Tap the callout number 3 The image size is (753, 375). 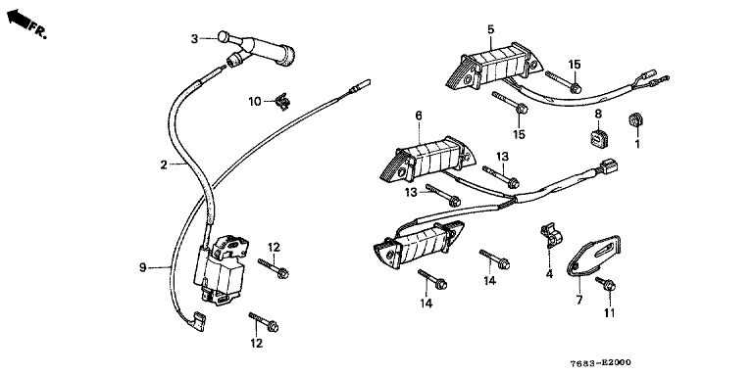[194, 39]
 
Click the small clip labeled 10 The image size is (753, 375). [282, 102]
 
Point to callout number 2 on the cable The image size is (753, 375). [164, 165]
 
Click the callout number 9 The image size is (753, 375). [142, 267]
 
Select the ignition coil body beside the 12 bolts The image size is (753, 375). [222, 269]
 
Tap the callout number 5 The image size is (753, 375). [490, 29]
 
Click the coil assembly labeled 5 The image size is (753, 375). [493, 67]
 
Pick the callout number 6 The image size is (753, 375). [419, 116]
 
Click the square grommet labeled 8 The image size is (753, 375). [598, 137]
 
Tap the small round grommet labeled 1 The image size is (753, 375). [635, 120]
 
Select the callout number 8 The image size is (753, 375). [598, 115]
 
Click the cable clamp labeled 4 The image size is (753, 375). [551, 234]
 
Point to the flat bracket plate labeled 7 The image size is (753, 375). [593, 256]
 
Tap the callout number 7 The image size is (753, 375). [579, 301]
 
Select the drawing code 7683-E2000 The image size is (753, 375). [600, 362]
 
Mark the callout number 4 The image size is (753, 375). [549, 274]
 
